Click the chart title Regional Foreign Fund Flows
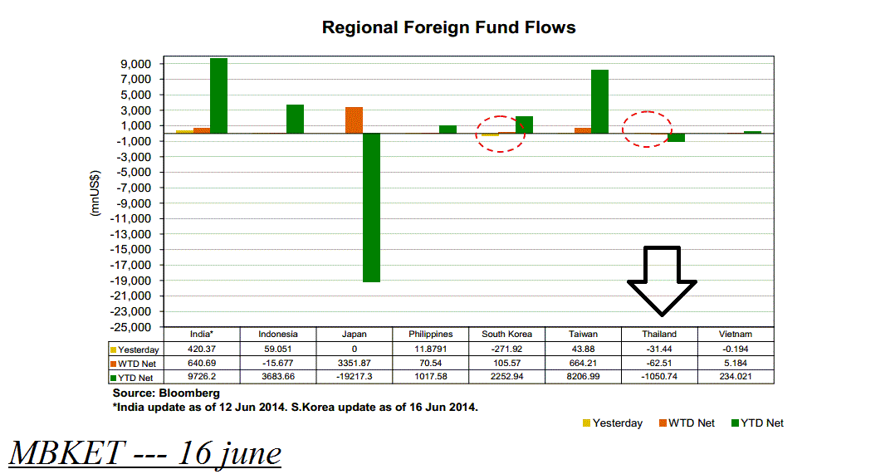coord(448,27)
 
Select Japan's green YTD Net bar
coord(371,208)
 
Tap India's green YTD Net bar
coord(218,95)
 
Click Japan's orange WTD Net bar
coord(354,120)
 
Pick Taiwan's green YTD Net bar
coord(599,101)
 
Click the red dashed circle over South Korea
coord(501,134)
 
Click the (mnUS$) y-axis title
coord(95,193)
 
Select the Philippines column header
coord(431,334)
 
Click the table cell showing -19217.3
coord(354,377)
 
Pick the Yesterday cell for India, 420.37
coord(202,349)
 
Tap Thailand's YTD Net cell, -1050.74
coord(659,377)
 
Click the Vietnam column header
coord(735,334)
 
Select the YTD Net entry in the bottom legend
coord(756,423)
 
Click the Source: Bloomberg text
coord(165,393)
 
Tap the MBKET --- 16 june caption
coord(145,453)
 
